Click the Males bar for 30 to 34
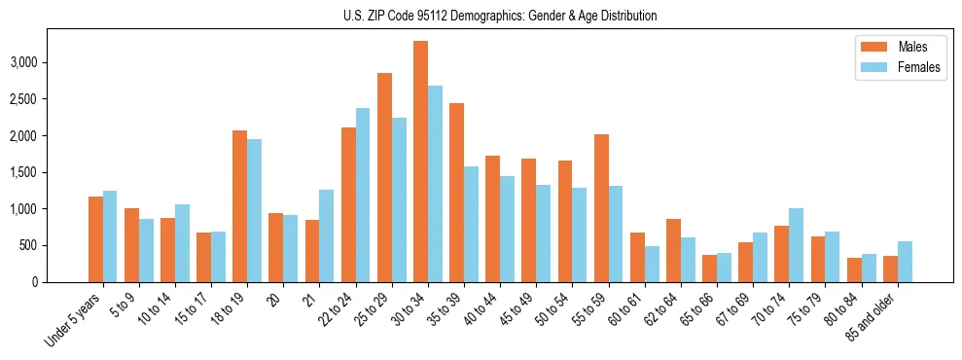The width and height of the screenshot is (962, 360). pyautogui.click(x=420, y=162)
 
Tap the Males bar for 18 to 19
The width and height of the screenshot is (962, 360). pyautogui.click(x=239, y=206)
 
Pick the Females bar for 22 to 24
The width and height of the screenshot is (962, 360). pyautogui.click(x=363, y=195)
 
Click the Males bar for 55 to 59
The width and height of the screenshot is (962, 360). pyautogui.click(x=601, y=208)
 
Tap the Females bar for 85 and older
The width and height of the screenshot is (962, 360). pyautogui.click(x=905, y=262)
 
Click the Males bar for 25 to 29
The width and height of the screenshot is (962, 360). pyautogui.click(x=384, y=177)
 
